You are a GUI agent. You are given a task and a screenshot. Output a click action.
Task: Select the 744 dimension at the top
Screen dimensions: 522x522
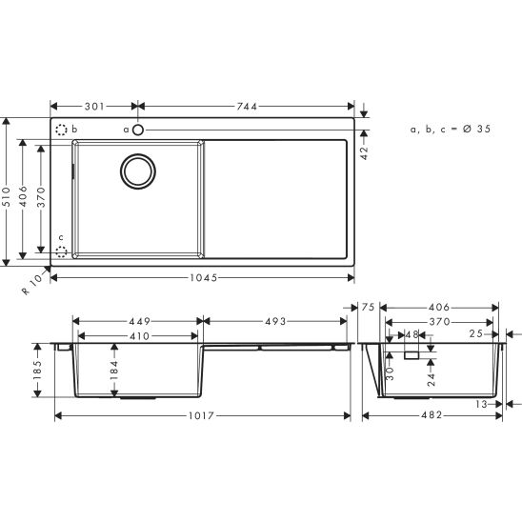[247, 107]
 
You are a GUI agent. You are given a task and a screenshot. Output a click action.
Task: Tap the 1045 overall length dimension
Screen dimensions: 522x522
[201, 277]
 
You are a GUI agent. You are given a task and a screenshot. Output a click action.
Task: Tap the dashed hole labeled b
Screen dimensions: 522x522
[62, 130]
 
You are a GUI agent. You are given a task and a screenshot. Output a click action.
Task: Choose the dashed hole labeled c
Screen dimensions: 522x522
[62, 251]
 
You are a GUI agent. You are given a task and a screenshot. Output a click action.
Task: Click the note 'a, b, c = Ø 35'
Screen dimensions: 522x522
[451, 128]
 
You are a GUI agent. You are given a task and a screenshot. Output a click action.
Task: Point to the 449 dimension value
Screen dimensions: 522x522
[139, 321]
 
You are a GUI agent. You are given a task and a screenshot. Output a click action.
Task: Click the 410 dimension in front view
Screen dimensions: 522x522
[139, 335]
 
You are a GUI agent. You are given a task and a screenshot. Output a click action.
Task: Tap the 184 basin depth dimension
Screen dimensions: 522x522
[114, 369]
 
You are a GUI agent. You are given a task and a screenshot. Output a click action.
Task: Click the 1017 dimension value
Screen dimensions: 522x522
[201, 416]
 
